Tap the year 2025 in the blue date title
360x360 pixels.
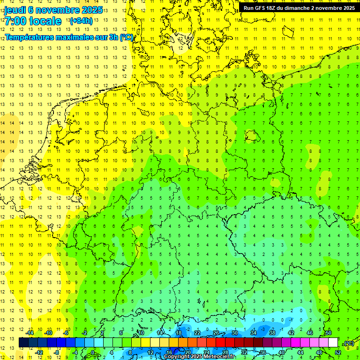91,10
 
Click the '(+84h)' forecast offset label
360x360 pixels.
81,21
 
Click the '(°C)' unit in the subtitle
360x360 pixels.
126,37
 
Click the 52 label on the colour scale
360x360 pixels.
338,352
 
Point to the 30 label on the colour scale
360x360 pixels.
235,333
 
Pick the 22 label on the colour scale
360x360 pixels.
197,333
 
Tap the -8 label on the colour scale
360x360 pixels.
57,352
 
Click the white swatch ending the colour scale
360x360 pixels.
333,343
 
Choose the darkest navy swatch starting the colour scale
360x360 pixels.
23,343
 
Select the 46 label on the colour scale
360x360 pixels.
310,333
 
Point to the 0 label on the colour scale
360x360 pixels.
94,352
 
